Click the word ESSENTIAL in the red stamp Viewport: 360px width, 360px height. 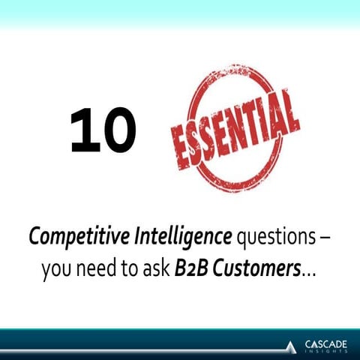click(x=234, y=128)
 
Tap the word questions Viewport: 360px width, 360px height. click(x=271, y=238)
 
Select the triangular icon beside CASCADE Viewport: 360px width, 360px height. click(x=291, y=346)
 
